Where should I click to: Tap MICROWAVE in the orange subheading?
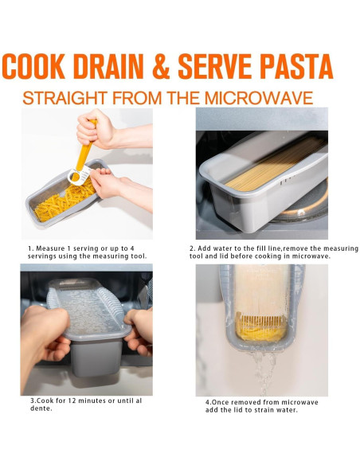click(261, 99)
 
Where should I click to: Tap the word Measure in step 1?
click(53, 248)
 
